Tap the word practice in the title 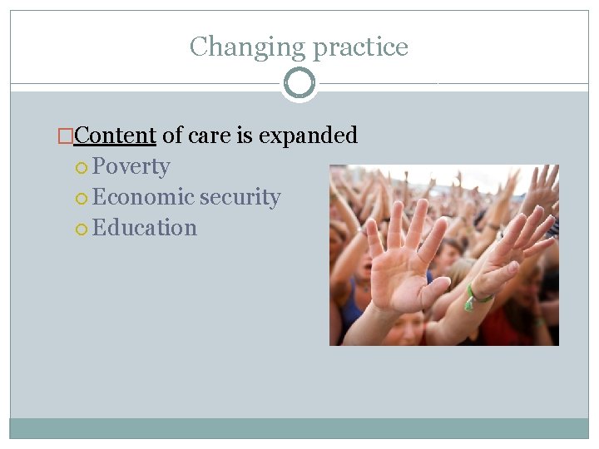(360, 47)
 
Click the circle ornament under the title (299, 83)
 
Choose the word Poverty (131, 166)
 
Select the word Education (145, 228)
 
